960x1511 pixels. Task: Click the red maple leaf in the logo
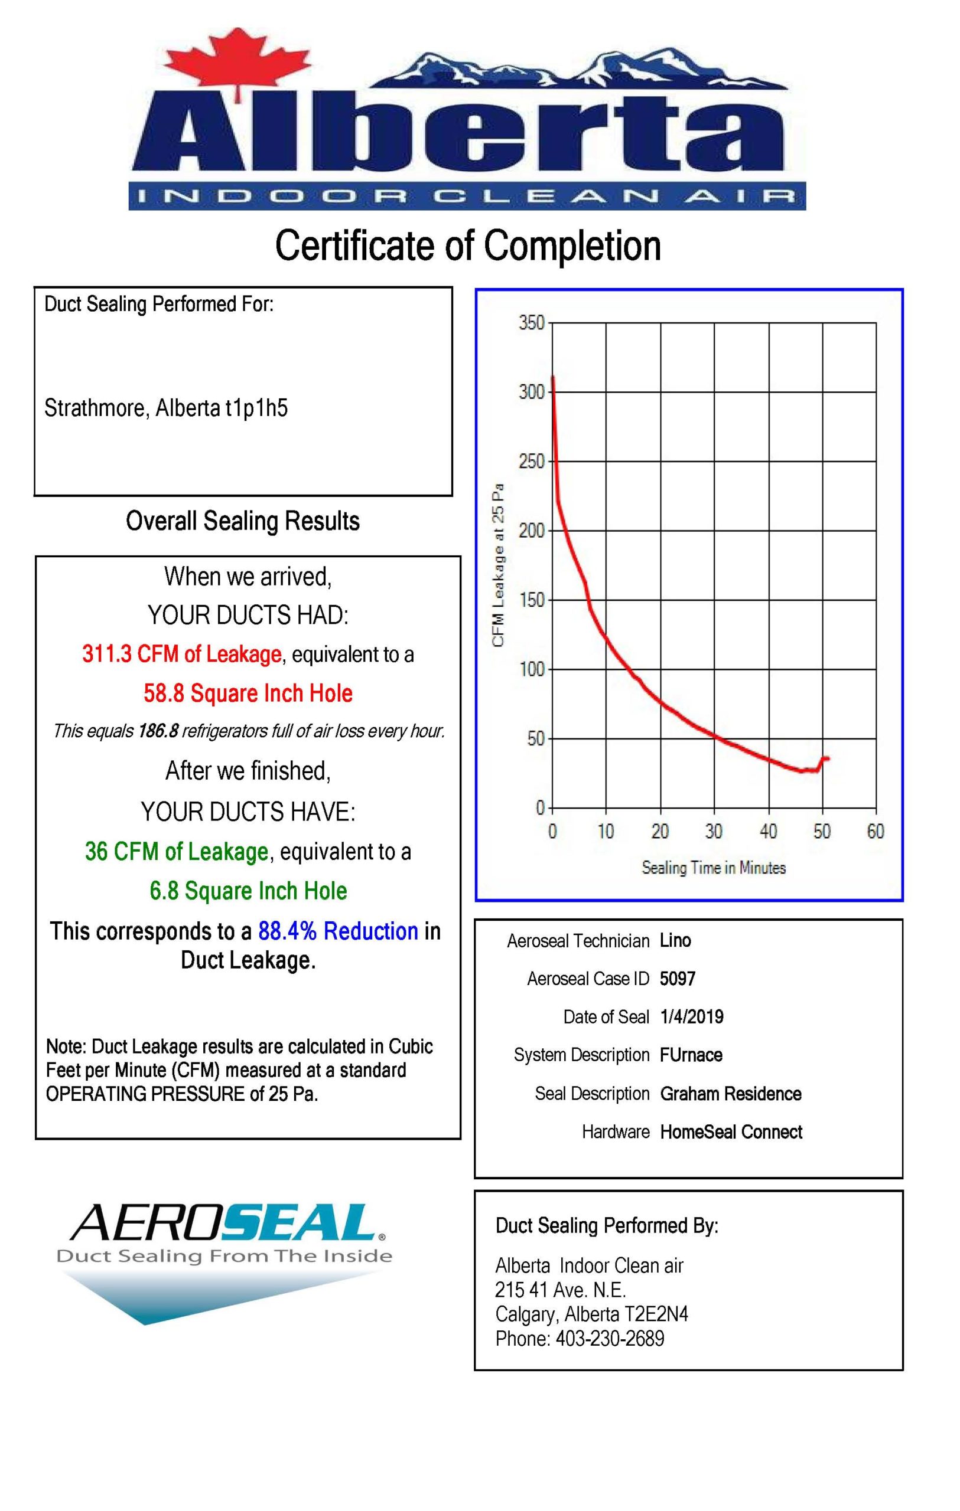[238, 63]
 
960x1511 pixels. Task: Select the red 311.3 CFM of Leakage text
[181, 654]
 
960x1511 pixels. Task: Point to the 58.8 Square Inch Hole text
[248, 693]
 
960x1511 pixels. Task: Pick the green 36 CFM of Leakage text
[177, 852]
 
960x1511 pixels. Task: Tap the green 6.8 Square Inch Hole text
[248, 891]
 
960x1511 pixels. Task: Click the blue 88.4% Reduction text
[338, 931]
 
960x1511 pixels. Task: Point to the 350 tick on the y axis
[531, 323]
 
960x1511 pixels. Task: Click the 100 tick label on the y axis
[531, 669]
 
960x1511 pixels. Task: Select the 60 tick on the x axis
[876, 832]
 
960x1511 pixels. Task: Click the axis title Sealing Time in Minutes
[713, 868]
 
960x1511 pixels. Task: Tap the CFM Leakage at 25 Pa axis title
[499, 565]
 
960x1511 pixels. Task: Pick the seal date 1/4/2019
[691, 1017]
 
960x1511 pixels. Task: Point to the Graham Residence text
[731, 1094]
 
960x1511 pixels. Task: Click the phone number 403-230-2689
[610, 1339]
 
